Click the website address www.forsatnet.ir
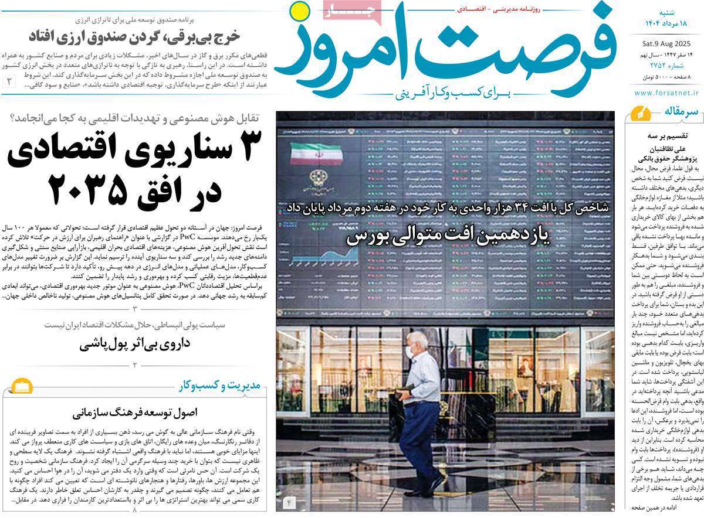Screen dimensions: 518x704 667,93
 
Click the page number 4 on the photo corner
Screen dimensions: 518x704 289,502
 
